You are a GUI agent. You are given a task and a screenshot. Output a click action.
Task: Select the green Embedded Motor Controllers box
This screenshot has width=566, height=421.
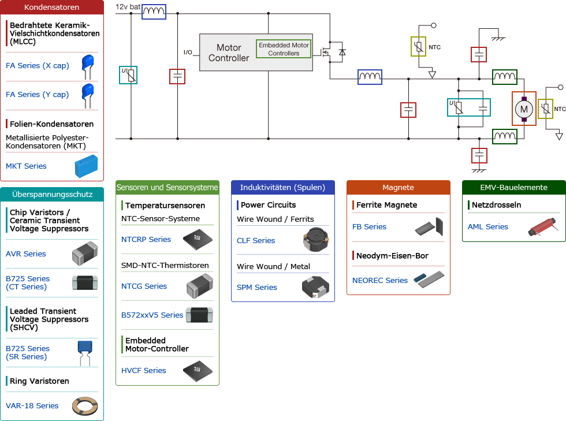click(284, 49)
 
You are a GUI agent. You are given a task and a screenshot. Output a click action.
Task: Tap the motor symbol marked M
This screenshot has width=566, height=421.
click(524, 109)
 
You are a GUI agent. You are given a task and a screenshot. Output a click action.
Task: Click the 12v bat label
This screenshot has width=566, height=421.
click(128, 6)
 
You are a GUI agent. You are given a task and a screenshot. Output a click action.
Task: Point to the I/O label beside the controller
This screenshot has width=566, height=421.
click(188, 53)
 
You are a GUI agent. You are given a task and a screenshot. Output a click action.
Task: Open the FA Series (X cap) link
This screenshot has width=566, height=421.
click(38, 66)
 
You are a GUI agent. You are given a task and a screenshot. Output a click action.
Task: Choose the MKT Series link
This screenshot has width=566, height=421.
click(26, 166)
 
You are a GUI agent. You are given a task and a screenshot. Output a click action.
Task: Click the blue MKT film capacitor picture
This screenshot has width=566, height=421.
click(87, 166)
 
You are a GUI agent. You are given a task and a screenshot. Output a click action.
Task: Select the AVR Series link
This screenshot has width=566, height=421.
click(26, 254)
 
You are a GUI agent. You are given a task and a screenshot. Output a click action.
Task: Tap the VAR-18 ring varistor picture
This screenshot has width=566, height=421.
click(84, 406)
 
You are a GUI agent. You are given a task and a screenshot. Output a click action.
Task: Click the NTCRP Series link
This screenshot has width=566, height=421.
click(146, 240)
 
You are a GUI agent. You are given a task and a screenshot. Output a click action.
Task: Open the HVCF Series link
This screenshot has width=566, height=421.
click(144, 371)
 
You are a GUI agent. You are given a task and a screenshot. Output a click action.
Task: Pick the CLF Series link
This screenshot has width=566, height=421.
click(256, 241)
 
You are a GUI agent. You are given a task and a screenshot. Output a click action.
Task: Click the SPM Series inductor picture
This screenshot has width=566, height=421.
click(315, 288)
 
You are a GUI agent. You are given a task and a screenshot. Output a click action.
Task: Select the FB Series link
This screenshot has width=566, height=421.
click(369, 227)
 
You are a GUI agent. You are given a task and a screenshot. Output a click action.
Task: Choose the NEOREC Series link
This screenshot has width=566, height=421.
click(380, 281)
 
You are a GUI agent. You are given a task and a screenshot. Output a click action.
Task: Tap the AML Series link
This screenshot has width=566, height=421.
click(488, 227)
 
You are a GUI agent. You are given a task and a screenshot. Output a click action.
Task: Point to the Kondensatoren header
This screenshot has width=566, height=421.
click(52, 8)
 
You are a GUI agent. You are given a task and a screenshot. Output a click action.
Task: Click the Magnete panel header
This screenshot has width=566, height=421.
click(398, 188)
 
